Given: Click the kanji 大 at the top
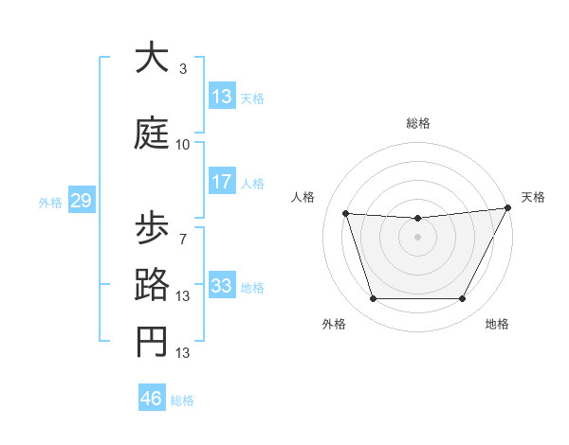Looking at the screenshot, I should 153,58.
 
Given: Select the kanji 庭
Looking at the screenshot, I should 153,133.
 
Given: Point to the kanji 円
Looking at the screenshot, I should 153,342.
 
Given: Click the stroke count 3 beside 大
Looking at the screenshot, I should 183,69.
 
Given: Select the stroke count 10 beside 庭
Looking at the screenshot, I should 183,145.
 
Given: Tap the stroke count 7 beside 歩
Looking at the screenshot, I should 183,239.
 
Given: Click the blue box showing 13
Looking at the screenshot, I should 222,97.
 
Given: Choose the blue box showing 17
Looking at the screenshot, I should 222,182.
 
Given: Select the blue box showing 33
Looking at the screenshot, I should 222,286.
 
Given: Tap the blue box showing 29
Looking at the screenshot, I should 81,201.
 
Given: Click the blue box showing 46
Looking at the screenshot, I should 152,399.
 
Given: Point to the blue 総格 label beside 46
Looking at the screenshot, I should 182,400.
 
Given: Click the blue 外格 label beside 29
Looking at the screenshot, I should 50,203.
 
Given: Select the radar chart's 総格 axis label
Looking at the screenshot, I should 417,123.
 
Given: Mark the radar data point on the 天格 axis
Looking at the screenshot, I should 508,208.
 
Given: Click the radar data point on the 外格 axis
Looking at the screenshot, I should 373,299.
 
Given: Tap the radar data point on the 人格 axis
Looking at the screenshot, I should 346,214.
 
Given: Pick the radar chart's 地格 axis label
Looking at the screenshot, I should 497,324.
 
